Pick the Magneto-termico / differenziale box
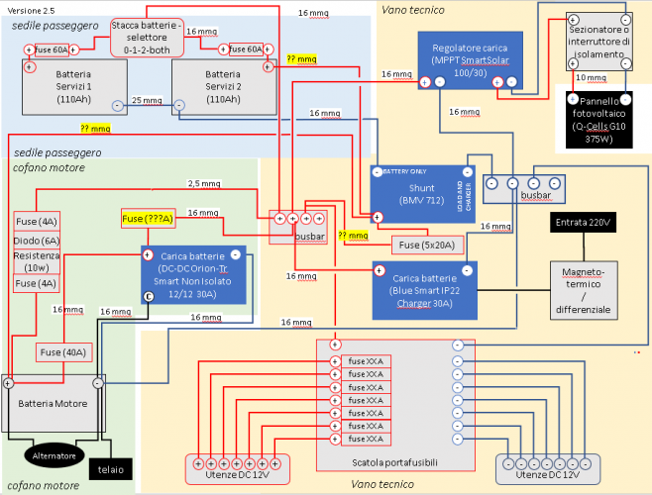tap(584, 289)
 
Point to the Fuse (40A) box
tap(62, 350)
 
